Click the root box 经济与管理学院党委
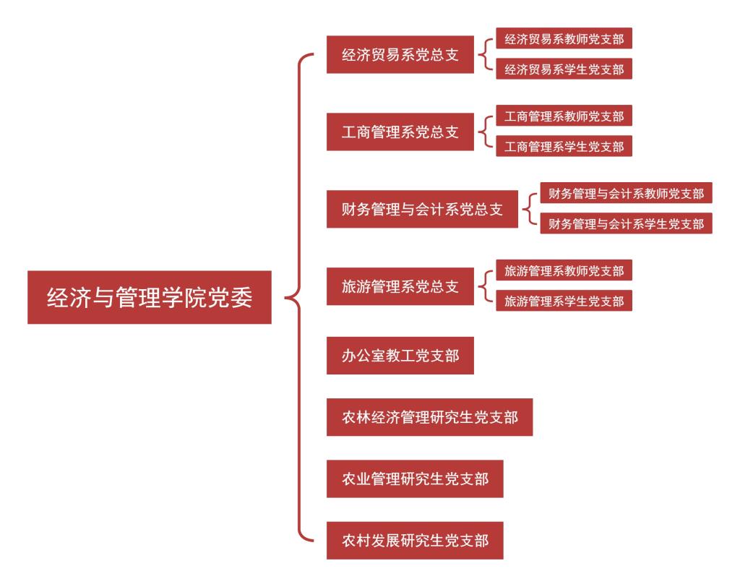(x=150, y=297)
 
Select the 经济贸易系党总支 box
(x=400, y=54)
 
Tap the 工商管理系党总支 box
(x=400, y=132)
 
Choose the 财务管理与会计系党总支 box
(x=422, y=210)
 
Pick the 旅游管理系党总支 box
(x=400, y=287)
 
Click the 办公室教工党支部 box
(x=400, y=356)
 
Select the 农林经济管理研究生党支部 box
(x=429, y=417)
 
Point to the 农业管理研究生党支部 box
(x=415, y=479)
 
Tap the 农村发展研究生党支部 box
(x=415, y=540)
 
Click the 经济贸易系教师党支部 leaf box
(x=564, y=38)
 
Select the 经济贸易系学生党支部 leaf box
(x=564, y=69)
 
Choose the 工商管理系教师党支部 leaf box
(x=564, y=116)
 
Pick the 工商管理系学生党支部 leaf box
(x=564, y=147)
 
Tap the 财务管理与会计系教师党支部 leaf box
(x=626, y=193)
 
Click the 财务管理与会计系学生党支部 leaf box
(x=626, y=224)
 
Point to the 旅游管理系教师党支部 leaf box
(x=564, y=270)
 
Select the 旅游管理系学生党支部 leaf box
(x=564, y=301)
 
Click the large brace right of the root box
(x=298, y=297)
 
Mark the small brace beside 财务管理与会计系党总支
(x=530, y=209)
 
